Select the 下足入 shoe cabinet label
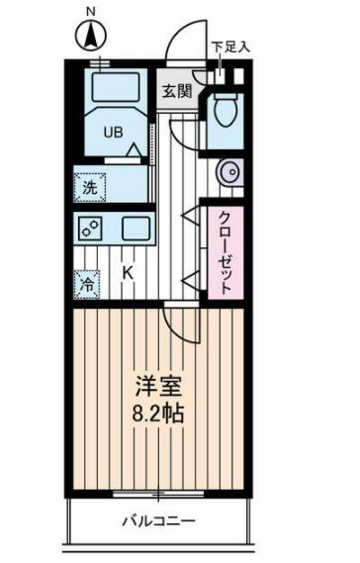click(x=231, y=47)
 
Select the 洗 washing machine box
click(x=90, y=186)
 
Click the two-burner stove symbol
click(x=90, y=229)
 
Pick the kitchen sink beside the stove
click(x=136, y=229)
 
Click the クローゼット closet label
click(x=225, y=251)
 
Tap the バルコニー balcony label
click(x=158, y=521)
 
